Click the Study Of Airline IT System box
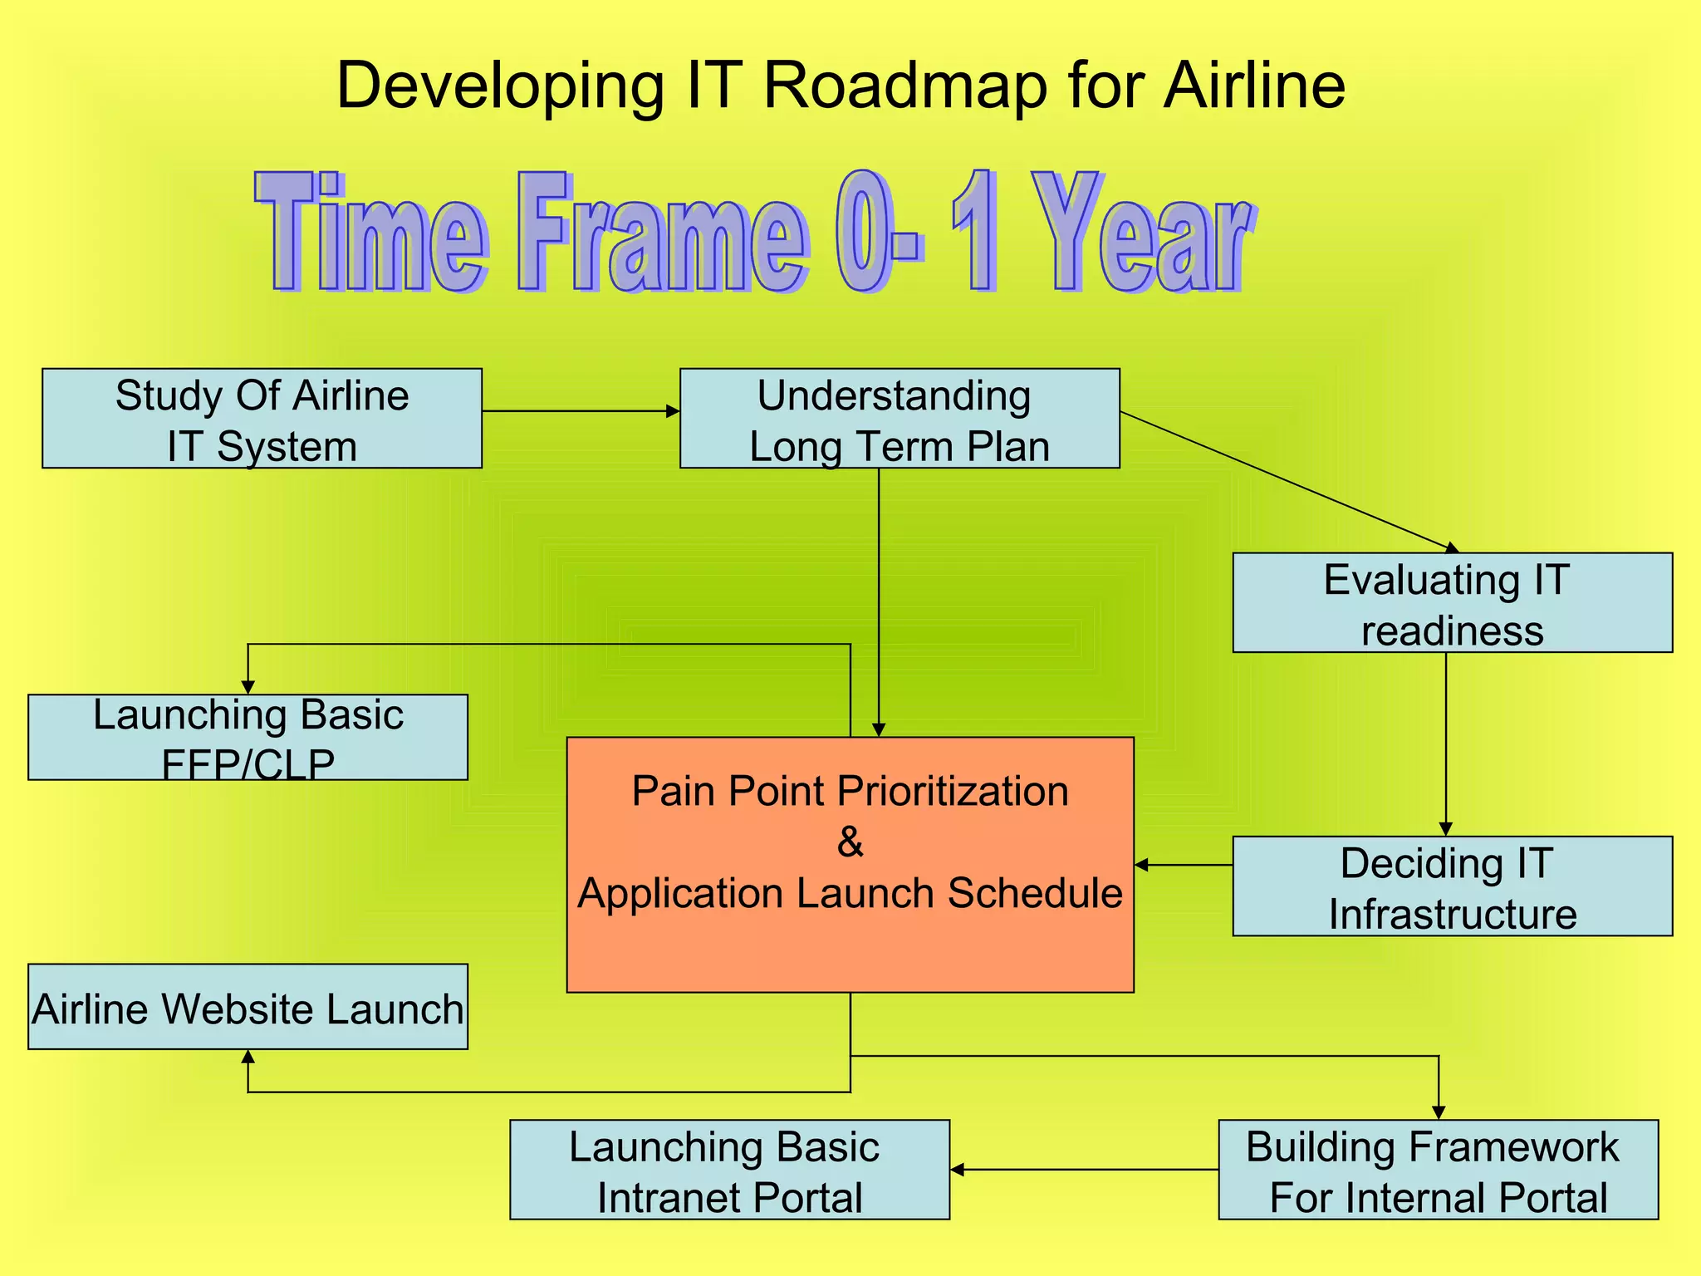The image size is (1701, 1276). click(x=262, y=419)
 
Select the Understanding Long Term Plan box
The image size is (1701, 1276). click(x=900, y=419)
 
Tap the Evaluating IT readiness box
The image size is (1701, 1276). click(x=1452, y=603)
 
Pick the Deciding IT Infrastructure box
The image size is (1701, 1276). click(x=1452, y=886)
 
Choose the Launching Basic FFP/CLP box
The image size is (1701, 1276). click(x=248, y=738)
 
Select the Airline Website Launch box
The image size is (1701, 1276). click(x=248, y=1007)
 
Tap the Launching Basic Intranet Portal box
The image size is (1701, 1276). click(x=729, y=1170)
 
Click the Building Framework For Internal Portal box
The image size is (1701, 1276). click(x=1438, y=1170)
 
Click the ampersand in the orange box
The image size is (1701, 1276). click(x=850, y=842)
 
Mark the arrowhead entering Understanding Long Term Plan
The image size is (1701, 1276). click(x=673, y=411)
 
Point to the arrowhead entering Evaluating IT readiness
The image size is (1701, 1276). click(x=1452, y=547)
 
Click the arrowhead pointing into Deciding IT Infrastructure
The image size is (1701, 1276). click(x=1445, y=829)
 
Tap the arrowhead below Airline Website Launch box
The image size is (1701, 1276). click(x=248, y=1057)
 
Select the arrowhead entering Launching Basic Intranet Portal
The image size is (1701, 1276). click(x=958, y=1170)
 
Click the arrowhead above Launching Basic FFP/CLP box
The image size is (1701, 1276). click(x=248, y=687)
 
